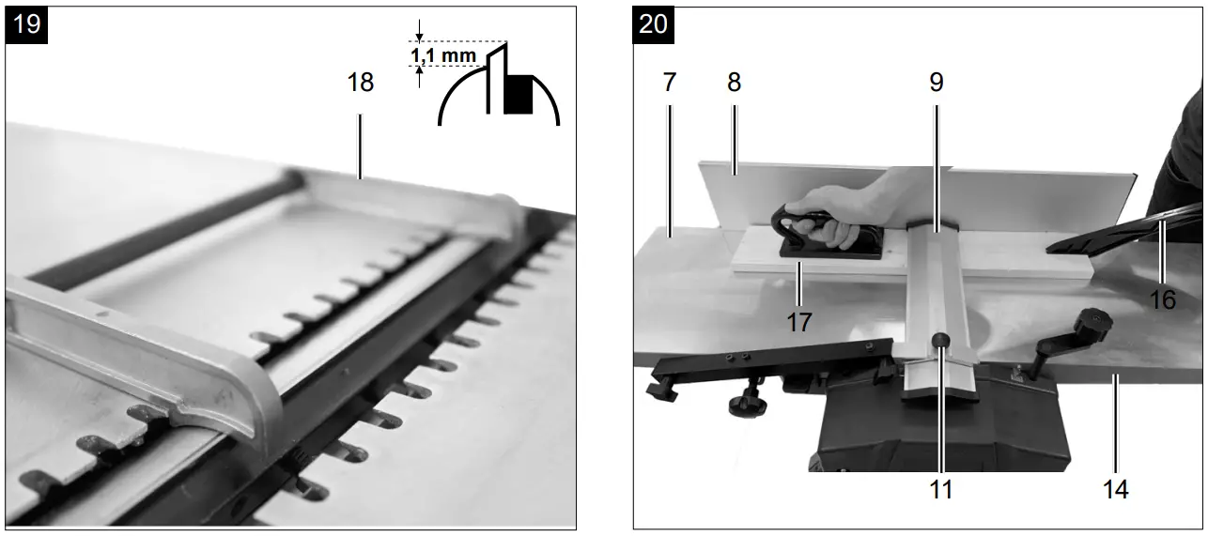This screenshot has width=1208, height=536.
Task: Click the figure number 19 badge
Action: coord(28,23)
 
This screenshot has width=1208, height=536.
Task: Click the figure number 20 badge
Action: coord(654,23)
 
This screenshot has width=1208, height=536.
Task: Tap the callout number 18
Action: coord(361,83)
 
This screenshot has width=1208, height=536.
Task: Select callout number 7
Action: coord(668,83)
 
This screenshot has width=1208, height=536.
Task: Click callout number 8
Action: coord(734,83)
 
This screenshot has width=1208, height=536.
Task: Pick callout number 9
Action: coord(936,83)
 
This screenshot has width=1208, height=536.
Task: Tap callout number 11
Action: coord(940,489)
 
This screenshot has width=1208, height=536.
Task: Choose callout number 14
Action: coord(1116,489)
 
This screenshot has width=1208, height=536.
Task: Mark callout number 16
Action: coord(1163,299)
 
